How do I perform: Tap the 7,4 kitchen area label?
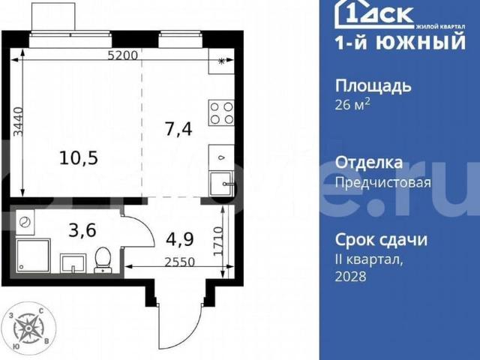tap(178, 129)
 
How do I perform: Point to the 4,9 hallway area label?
tap(180, 239)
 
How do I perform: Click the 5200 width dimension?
tap(122, 55)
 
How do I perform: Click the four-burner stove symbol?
tap(221, 112)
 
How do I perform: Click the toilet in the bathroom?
tap(102, 260)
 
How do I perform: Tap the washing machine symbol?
tap(25, 223)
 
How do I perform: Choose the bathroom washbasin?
tap(73, 262)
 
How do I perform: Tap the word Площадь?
tap(373, 85)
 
